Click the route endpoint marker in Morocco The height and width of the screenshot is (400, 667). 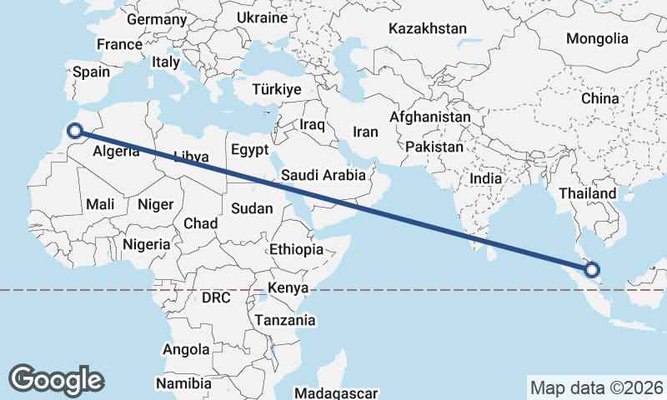point(75,130)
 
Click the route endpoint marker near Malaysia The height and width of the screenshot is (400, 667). point(593,269)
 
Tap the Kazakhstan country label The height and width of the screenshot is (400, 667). point(428,28)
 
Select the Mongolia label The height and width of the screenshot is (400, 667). point(597,38)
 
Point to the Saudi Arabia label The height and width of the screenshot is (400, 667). point(323,175)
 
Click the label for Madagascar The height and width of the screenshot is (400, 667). point(338,392)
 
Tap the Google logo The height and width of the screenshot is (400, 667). point(56,379)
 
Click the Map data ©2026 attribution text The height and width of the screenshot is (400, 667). point(596,387)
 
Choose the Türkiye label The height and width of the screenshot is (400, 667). point(278,89)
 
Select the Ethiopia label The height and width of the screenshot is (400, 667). point(296,249)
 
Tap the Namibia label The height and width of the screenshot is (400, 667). point(183,383)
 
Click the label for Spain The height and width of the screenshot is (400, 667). point(91,72)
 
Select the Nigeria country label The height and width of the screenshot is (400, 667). point(147,245)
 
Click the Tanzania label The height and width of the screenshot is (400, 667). point(285,319)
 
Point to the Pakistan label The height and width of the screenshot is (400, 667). point(434,147)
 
